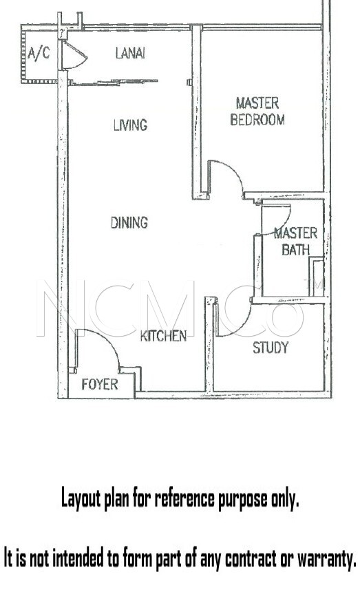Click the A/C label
click(39, 53)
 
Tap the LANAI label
click(130, 53)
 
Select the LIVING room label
click(131, 125)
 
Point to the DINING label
click(129, 223)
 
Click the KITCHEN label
click(163, 336)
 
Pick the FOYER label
click(100, 384)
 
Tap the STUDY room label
click(271, 348)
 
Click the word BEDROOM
click(257, 120)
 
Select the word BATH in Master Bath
click(296, 250)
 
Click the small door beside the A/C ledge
click(74, 55)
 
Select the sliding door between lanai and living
click(113, 82)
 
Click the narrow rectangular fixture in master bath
click(317, 277)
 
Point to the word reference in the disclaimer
click(184, 498)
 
